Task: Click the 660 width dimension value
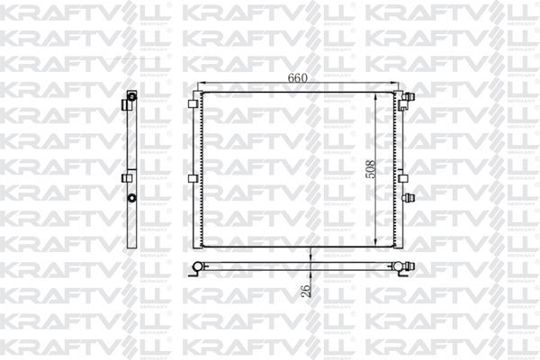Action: (298, 78)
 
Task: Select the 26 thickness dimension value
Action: (304, 292)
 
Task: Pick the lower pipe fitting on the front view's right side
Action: (409, 198)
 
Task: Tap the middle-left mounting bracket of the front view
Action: (192, 178)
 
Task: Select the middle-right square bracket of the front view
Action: (402, 178)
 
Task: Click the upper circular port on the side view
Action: (131, 96)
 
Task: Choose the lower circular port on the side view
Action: (131, 198)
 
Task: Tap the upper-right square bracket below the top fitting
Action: (402, 113)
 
